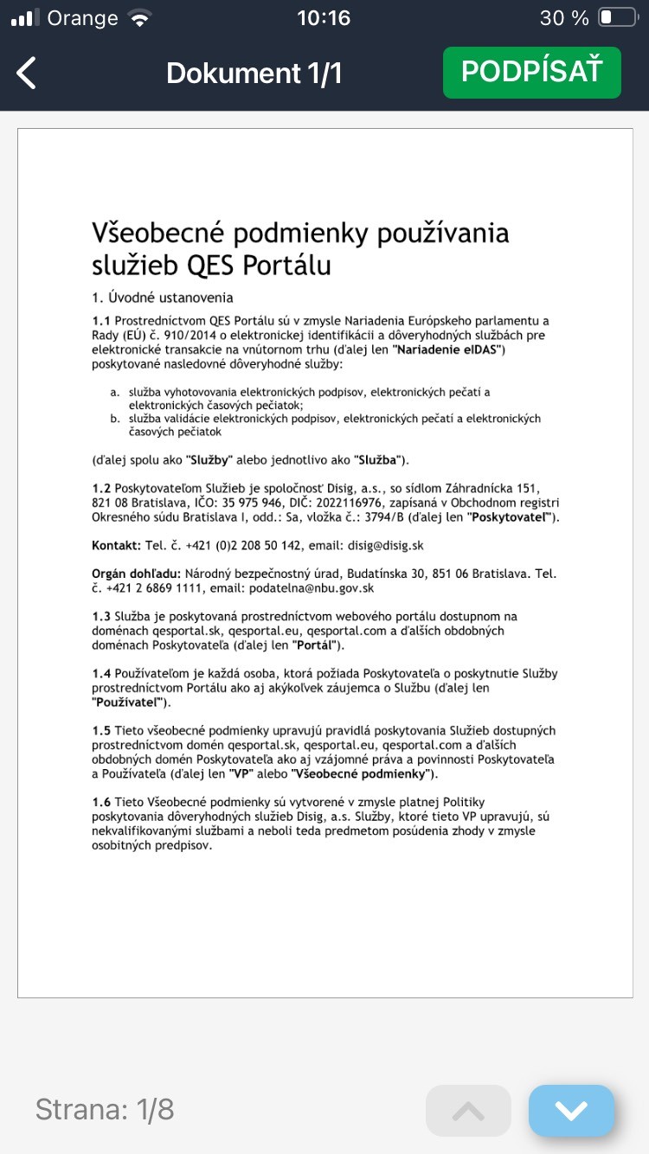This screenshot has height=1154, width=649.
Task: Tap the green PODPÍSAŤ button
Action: click(531, 73)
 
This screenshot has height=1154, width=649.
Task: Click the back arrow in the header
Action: click(27, 74)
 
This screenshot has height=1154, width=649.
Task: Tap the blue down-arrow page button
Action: click(571, 1110)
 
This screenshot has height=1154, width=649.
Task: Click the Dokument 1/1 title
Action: click(254, 74)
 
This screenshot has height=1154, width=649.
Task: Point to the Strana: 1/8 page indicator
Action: click(105, 1110)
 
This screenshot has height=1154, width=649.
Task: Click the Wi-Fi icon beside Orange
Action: click(138, 17)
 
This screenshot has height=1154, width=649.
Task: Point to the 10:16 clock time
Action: click(323, 17)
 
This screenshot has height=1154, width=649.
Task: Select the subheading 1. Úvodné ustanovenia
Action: click(163, 298)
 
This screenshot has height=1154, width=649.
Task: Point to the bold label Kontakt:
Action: click(116, 546)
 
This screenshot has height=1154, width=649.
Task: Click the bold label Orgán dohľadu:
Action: click(135, 574)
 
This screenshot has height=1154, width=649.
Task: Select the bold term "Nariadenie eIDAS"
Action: click(448, 349)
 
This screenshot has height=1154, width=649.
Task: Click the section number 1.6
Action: click(101, 803)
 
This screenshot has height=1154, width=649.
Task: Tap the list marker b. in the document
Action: click(115, 419)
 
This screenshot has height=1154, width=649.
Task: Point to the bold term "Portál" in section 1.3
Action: click(318, 644)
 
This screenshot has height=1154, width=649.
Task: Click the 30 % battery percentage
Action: click(564, 17)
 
